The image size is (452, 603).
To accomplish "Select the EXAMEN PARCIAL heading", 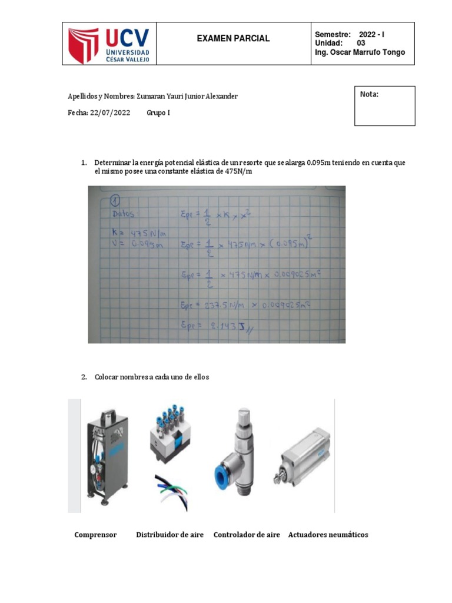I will coord(233,38).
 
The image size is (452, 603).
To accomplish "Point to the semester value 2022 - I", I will coord(371,35).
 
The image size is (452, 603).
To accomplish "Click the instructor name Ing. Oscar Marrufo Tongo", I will coord(360,52).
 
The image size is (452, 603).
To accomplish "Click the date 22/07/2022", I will coord(111,112).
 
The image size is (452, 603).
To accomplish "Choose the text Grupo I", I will coord(158,112).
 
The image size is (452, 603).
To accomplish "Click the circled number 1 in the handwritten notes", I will coord(114,198).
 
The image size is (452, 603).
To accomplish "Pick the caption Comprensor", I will coord(95,535).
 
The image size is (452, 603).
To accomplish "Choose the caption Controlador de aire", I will coord(247,535).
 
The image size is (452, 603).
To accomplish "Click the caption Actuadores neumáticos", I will coord(328,535).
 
